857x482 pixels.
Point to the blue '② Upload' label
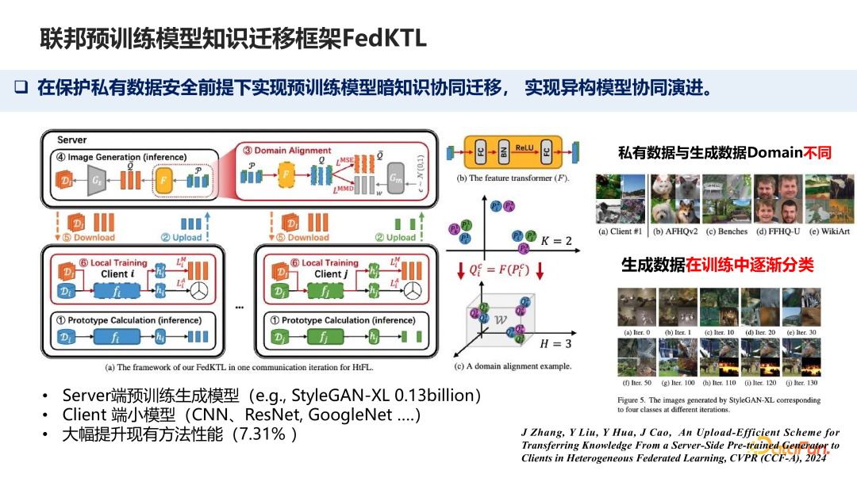coord(182,237)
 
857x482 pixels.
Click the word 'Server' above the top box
coord(71,140)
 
